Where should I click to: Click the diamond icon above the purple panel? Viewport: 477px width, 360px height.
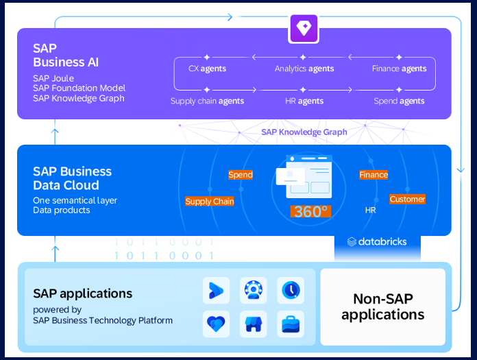click(304, 28)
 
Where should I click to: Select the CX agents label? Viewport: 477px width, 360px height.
click(207, 69)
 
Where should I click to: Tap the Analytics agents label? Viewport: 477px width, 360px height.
click(304, 69)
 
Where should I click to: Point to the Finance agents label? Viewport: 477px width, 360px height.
click(399, 69)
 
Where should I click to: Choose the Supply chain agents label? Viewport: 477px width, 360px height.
click(207, 101)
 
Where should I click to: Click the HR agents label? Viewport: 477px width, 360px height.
click(304, 101)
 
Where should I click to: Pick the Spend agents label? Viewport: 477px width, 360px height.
click(399, 101)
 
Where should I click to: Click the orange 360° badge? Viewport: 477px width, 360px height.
click(310, 211)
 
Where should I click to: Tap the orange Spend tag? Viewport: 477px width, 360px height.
click(241, 175)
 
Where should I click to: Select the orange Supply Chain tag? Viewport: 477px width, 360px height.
click(210, 202)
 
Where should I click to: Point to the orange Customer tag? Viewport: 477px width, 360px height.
click(407, 199)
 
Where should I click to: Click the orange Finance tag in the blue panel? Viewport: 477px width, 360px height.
click(374, 175)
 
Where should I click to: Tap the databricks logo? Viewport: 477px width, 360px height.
click(377, 241)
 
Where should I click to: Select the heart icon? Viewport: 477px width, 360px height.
click(216, 324)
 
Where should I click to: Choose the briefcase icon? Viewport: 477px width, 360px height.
click(291, 324)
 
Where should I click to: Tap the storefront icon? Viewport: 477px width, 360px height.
click(254, 324)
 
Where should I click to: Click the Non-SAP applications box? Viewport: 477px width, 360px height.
click(382, 307)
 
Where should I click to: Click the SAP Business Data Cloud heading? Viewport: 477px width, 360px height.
click(72, 178)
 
